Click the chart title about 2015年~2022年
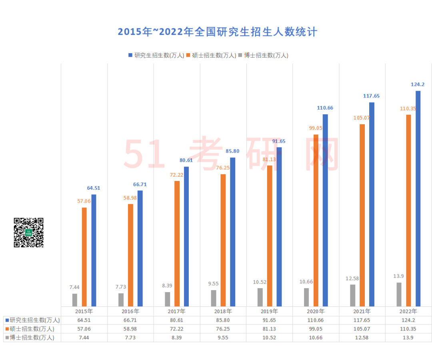point(217,32)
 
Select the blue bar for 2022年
point(418,199)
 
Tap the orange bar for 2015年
point(84,257)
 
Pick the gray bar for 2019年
point(260,297)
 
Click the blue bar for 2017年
point(186,237)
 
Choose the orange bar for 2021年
point(362,215)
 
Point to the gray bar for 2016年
point(121,300)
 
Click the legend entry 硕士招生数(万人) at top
point(211,56)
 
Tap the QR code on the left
point(28,233)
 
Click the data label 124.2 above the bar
point(418,84)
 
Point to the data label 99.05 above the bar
point(315,128)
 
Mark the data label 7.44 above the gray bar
point(74,287)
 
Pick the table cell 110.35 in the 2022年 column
point(408,329)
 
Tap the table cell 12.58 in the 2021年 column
point(362,338)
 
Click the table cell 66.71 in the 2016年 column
point(130,320)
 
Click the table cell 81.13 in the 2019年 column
point(269,329)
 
